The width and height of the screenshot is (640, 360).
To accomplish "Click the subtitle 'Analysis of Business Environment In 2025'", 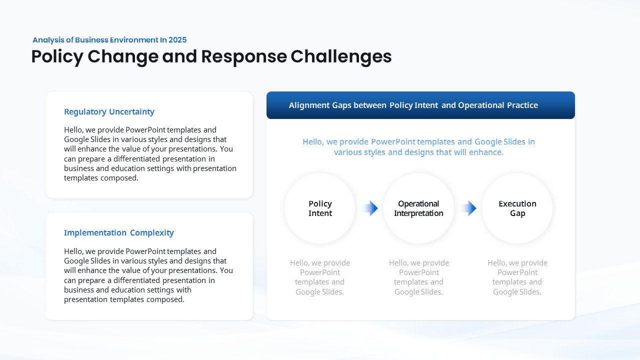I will click(x=109, y=40).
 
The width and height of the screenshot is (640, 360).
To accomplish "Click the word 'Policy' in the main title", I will click(x=57, y=56).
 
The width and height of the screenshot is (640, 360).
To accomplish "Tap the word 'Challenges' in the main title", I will click(x=341, y=56).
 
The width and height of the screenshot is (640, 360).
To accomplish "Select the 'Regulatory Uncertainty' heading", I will click(x=109, y=112).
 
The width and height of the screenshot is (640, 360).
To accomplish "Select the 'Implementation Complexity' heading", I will click(x=119, y=233).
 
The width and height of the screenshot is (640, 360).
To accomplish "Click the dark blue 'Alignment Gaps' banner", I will click(x=420, y=105).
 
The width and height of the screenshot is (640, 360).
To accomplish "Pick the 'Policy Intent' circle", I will click(x=320, y=208).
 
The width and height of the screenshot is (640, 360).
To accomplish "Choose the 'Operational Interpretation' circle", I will click(x=418, y=208).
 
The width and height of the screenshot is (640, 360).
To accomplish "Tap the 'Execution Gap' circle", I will click(x=517, y=208).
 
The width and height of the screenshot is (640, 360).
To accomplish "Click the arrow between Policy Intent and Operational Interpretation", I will click(x=370, y=208).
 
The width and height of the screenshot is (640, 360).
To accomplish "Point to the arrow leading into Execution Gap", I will click(x=468, y=208).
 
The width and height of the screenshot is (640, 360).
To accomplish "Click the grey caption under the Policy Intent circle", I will click(x=320, y=277).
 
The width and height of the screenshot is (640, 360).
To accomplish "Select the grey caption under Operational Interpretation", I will click(x=418, y=277).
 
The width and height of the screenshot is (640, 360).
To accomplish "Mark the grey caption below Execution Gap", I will click(x=517, y=277).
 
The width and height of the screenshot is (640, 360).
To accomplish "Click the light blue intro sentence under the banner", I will click(x=418, y=147).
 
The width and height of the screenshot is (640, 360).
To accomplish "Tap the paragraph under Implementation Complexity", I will click(x=148, y=275).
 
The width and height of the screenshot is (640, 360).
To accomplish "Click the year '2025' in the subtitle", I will click(x=177, y=40).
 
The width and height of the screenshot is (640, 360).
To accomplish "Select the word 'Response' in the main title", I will click(x=244, y=56).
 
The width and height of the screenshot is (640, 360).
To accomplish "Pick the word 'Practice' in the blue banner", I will click(x=523, y=105).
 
